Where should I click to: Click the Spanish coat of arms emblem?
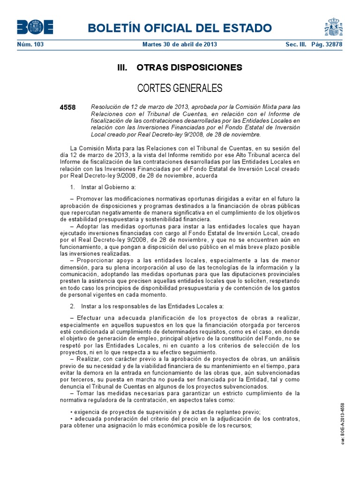[x=333, y=27]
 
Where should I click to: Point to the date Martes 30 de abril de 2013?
[x=180, y=45]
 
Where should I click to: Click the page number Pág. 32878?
[x=327, y=45]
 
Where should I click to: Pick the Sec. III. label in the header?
[x=295, y=45]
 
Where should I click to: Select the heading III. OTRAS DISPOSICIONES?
[x=180, y=67]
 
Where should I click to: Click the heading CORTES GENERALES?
[x=180, y=88]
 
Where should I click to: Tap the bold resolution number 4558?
[x=68, y=107]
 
